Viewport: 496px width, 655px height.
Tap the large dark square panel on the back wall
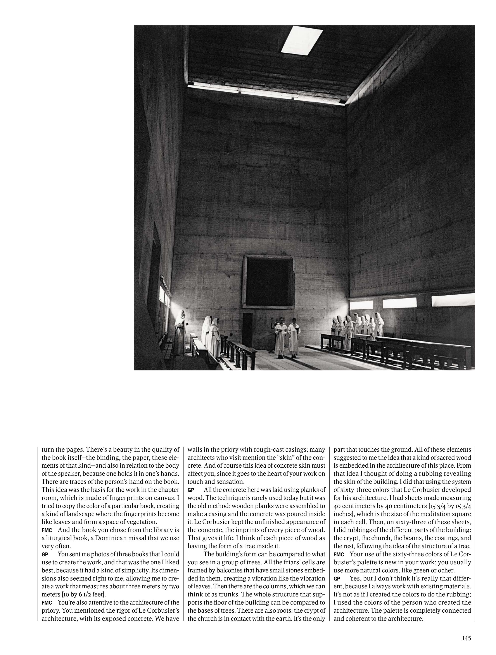point(269,282)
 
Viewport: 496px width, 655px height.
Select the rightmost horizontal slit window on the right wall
point(453,300)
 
